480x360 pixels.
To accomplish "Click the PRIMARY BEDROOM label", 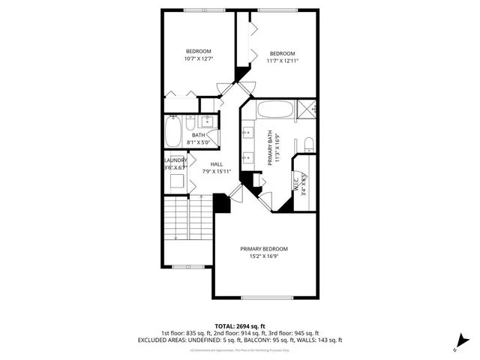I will tap(263, 249).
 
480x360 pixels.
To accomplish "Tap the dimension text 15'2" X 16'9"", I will tap(263, 256).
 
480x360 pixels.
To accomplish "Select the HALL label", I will tap(216, 164).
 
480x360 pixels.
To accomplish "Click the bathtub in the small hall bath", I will tap(172, 132).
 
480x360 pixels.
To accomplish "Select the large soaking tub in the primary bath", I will tap(275, 111).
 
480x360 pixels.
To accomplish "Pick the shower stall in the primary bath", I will tap(305, 109).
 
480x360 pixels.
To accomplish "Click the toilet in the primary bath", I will tap(307, 144).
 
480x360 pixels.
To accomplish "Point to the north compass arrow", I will tap(455, 346).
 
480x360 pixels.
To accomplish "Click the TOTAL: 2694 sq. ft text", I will tap(239, 325).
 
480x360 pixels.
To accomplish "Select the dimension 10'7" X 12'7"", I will tap(199, 58).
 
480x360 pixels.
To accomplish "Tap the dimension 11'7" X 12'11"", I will tap(282, 61).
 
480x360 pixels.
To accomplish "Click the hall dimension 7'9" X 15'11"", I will tap(216, 172).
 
